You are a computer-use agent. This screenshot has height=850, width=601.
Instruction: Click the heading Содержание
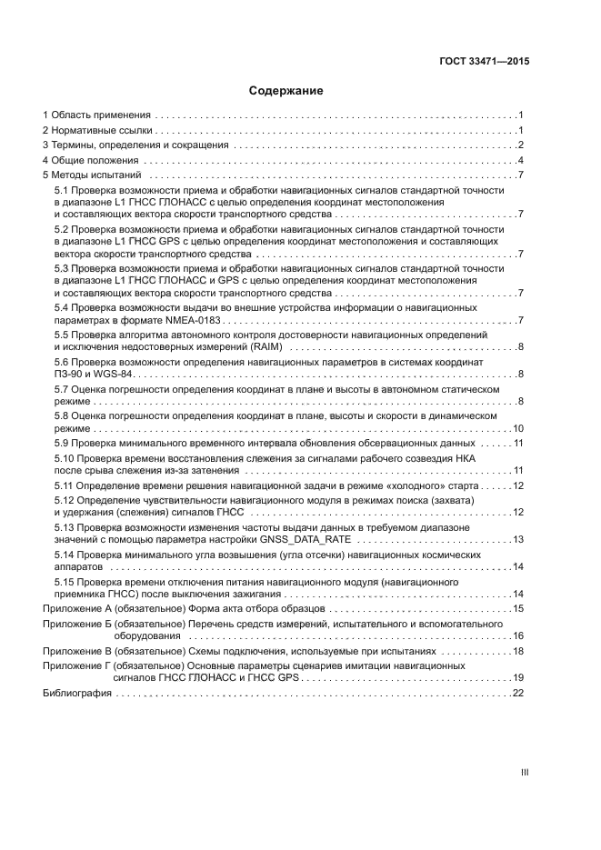(286, 91)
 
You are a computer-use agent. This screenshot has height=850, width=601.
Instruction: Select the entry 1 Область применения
(96, 115)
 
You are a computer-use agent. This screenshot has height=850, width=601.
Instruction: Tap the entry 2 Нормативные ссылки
(96, 131)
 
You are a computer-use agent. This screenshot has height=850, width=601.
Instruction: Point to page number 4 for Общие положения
(520, 160)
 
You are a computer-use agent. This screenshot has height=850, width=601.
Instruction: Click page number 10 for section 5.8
(518, 427)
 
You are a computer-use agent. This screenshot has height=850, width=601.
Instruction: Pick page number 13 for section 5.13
(518, 540)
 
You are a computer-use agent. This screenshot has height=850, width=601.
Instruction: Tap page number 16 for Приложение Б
(518, 635)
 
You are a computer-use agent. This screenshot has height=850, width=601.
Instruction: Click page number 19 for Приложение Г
(518, 677)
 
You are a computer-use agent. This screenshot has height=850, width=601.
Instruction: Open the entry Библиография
(77, 693)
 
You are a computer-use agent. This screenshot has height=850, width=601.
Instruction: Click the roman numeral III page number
(524, 772)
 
